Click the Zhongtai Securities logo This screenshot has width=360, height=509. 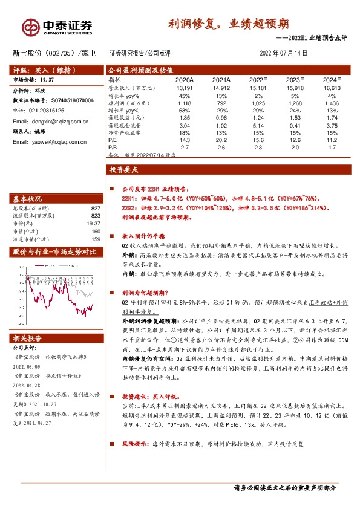coord(57,26)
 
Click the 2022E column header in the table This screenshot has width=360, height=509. coord(258,79)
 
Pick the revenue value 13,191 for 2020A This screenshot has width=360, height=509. coord(185,88)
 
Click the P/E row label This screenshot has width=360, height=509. coord(113,140)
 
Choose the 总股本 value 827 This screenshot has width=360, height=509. coord(94,208)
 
